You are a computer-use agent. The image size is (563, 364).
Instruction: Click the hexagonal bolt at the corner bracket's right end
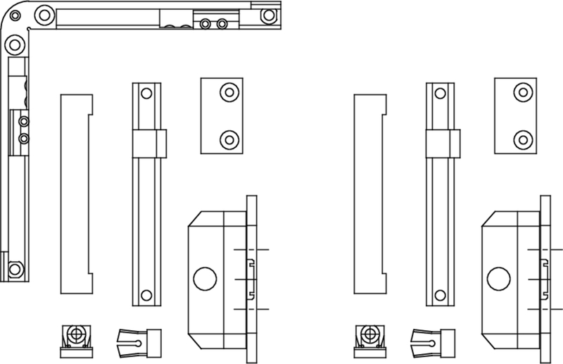click(x=268, y=14)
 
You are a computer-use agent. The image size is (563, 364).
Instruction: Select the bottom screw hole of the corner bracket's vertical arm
click(x=14, y=268)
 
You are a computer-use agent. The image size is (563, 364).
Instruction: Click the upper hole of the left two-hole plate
click(x=228, y=92)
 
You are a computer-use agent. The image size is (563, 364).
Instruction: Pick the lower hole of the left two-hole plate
click(x=228, y=139)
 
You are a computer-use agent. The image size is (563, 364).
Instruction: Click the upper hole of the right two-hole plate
click(x=521, y=92)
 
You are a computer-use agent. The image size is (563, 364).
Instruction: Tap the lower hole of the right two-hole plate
click(x=521, y=139)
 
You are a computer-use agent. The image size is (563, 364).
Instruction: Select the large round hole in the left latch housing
click(x=205, y=278)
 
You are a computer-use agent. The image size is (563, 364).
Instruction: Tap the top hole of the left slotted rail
click(x=146, y=94)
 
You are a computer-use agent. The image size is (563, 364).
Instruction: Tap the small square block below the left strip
click(x=75, y=337)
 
